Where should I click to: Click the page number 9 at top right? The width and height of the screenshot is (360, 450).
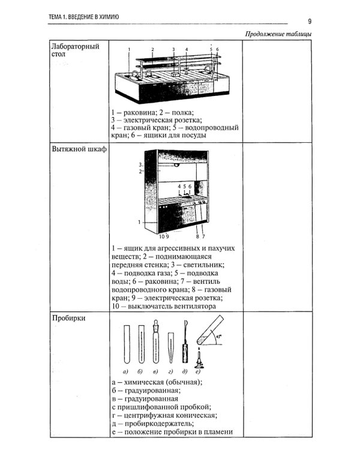(x=310, y=20)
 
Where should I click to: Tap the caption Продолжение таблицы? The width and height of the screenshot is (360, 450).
(x=278, y=33)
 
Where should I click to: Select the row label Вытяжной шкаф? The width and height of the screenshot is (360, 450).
(x=79, y=149)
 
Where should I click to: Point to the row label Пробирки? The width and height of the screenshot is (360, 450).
(x=68, y=319)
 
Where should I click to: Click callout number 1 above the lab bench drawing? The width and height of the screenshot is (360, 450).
(x=129, y=50)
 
